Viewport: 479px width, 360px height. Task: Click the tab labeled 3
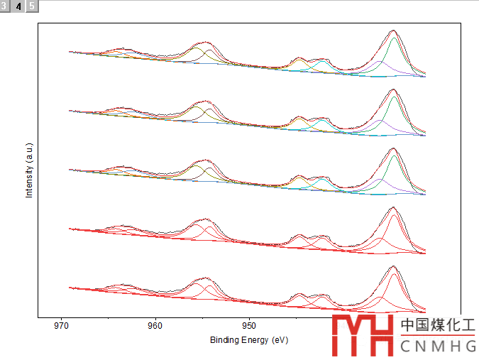[6, 6]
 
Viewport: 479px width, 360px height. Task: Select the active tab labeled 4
[19, 6]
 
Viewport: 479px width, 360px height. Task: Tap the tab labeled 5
[32, 6]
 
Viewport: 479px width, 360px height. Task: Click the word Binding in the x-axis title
[224, 340]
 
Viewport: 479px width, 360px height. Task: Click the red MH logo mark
[363, 334]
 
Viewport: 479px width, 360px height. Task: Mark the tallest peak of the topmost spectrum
[393, 31]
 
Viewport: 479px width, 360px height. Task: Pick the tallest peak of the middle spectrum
[393, 148]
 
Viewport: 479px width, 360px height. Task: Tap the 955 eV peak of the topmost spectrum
[205, 43]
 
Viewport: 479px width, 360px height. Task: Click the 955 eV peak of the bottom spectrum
[205, 278]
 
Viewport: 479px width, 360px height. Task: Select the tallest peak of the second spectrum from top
[393, 89]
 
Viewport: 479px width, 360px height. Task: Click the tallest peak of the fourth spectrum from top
[393, 207]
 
